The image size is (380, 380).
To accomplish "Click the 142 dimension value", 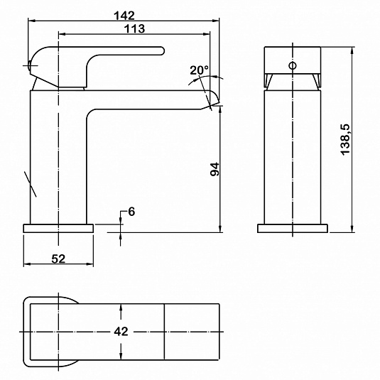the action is click(x=124, y=16).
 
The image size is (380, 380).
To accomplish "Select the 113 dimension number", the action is click(x=135, y=28).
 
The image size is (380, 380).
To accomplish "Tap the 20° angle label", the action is click(x=199, y=70).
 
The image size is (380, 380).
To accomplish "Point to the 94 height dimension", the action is click(x=215, y=169).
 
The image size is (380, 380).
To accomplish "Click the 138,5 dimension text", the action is click(x=345, y=139).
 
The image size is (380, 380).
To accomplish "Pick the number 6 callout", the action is click(x=131, y=212).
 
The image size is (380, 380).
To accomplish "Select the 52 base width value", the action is click(x=58, y=259).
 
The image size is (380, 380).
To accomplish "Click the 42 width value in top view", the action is click(x=121, y=331).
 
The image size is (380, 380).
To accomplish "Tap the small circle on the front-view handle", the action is click(x=293, y=65).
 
